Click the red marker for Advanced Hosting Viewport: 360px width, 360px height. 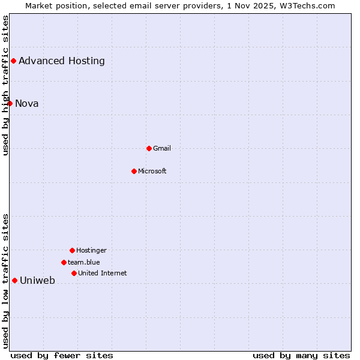pyautogui.click(x=13, y=61)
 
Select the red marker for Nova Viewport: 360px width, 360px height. pyautogui.click(x=10, y=103)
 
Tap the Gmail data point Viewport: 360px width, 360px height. pyautogui.click(x=149, y=148)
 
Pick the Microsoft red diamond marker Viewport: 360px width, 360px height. pyautogui.click(x=134, y=171)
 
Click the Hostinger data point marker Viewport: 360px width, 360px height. pyautogui.click(x=72, y=250)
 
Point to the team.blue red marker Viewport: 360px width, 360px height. pyautogui.click(x=64, y=262)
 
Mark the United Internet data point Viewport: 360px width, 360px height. pyautogui.click(x=74, y=273)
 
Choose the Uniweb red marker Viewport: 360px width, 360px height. pyautogui.click(x=14, y=280)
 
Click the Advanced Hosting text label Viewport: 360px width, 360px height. pyautogui.click(x=62, y=61)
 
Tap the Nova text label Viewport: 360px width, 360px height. pyautogui.click(x=27, y=103)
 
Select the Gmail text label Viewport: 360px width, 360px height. pyautogui.click(x=162, y=148)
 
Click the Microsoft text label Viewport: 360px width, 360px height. pyautogui.click(x=152, y=171)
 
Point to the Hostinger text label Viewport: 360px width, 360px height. pyautogui.click(x=91, y=250)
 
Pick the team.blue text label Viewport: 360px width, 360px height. pyautogui.click(x=84, y=262)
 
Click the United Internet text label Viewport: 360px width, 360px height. pyautogui.click(x=103, y=273)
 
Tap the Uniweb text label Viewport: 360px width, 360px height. pyautogui.click(x=37, y=280)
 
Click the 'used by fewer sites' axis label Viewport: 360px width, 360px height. pyautogui.click(x=62, y=355)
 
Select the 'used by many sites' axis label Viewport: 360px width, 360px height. pyautogui.click(x=301, y=355)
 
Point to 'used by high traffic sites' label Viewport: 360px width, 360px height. pyautogui.click(x=5, y=85)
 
